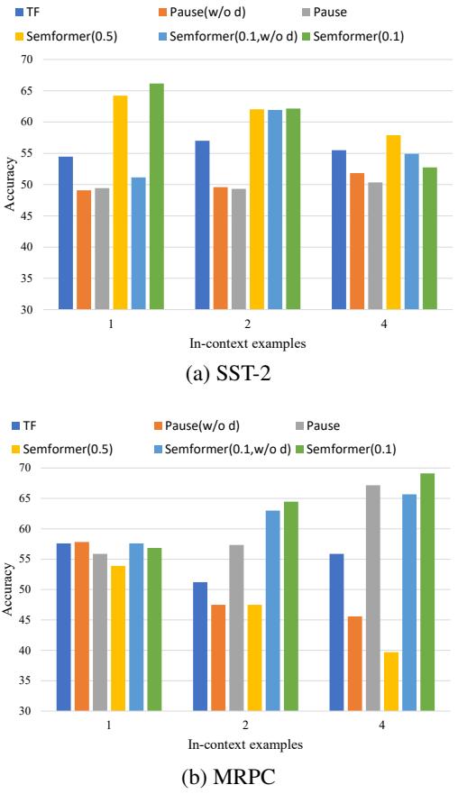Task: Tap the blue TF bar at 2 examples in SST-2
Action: point(203,225)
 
